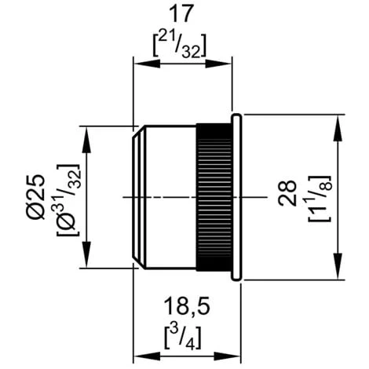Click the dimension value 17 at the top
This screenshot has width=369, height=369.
click(181, 14)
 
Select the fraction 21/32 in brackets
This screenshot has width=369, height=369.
click(180, 46)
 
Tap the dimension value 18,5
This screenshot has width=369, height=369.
click(187, 305)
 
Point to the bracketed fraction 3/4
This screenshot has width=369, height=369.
click(183, 338)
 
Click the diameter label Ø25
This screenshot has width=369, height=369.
click(36, 197)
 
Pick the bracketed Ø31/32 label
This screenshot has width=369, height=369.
click(68, 200)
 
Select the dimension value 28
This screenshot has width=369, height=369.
click(287, 193)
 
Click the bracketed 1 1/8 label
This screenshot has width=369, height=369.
click(320, 198)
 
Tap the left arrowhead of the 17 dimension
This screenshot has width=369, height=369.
click(147, 64)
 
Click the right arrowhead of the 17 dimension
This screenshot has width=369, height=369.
click(219, 64)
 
